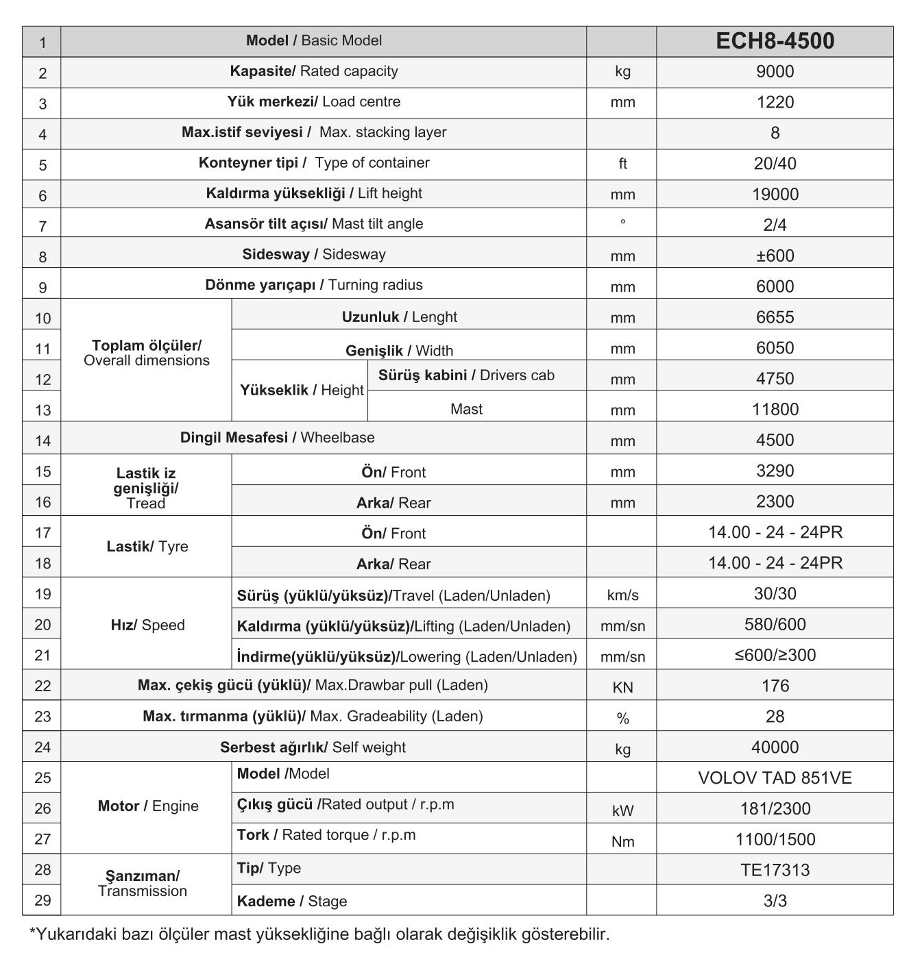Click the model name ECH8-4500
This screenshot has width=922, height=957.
[775, 41]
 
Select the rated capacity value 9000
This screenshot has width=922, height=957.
[775, 72]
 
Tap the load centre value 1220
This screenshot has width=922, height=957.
[775, 103]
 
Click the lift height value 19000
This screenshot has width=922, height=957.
[775, 195]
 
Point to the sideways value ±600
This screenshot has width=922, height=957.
[775, 256]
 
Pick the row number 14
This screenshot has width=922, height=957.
[43, 440]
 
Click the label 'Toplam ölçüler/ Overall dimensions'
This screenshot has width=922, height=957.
[147, 353]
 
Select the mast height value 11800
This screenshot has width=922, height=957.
[775, 410]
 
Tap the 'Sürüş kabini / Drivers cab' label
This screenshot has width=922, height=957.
[466, 375]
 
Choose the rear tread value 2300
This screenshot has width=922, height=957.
[775, 502]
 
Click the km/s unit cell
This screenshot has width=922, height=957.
[622, 595]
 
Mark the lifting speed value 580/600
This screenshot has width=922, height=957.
[775, 625]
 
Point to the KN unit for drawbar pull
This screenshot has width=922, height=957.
[622, 687]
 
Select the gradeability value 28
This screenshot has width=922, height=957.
[775, 717]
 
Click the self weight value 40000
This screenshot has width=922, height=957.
[775, 747]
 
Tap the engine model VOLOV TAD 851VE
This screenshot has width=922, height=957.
[775, 778]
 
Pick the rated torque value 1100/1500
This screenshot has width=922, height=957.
[775, 840]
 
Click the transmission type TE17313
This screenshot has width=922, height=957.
[775, 870]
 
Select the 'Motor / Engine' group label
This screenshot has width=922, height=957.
[148, 806]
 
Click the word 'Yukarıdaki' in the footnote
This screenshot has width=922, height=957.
[77, 934]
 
